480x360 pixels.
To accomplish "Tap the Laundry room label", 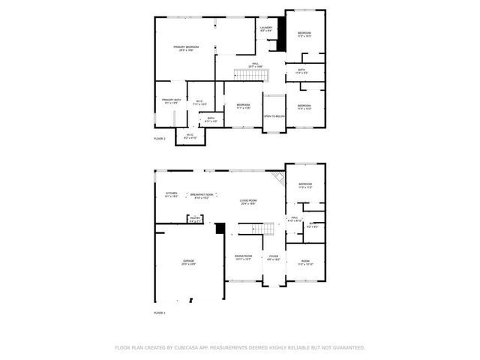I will (x=265, y=29).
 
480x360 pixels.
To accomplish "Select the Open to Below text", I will (x=274, y=116).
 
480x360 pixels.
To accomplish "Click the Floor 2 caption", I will (x=159, y=139).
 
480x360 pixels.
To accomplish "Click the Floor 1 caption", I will (x=159, y=312).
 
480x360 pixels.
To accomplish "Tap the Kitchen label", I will (x=171, y=194).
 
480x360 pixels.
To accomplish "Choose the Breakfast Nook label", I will (x=201, y=194).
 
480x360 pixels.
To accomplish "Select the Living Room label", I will (x=249, y=201).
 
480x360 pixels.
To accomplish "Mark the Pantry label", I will (x=195, y=220).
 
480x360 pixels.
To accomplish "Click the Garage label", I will (x=188, y=262).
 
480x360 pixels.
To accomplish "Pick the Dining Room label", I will (x=243, y=257).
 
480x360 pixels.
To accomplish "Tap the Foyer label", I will (x=273, y=257).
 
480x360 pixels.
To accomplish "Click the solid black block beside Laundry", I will (x=280, y=34).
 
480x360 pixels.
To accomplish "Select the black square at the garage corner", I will (x=220, y=228).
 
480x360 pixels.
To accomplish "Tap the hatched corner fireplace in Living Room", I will (x=279, y=178).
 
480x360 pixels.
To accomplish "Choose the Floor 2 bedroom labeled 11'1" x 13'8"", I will (x=242, y=106).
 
